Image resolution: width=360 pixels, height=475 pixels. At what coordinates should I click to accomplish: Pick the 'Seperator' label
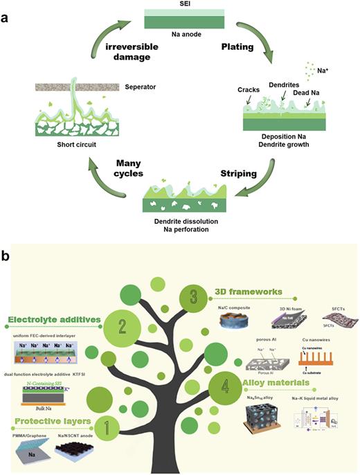click(141, 87)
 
